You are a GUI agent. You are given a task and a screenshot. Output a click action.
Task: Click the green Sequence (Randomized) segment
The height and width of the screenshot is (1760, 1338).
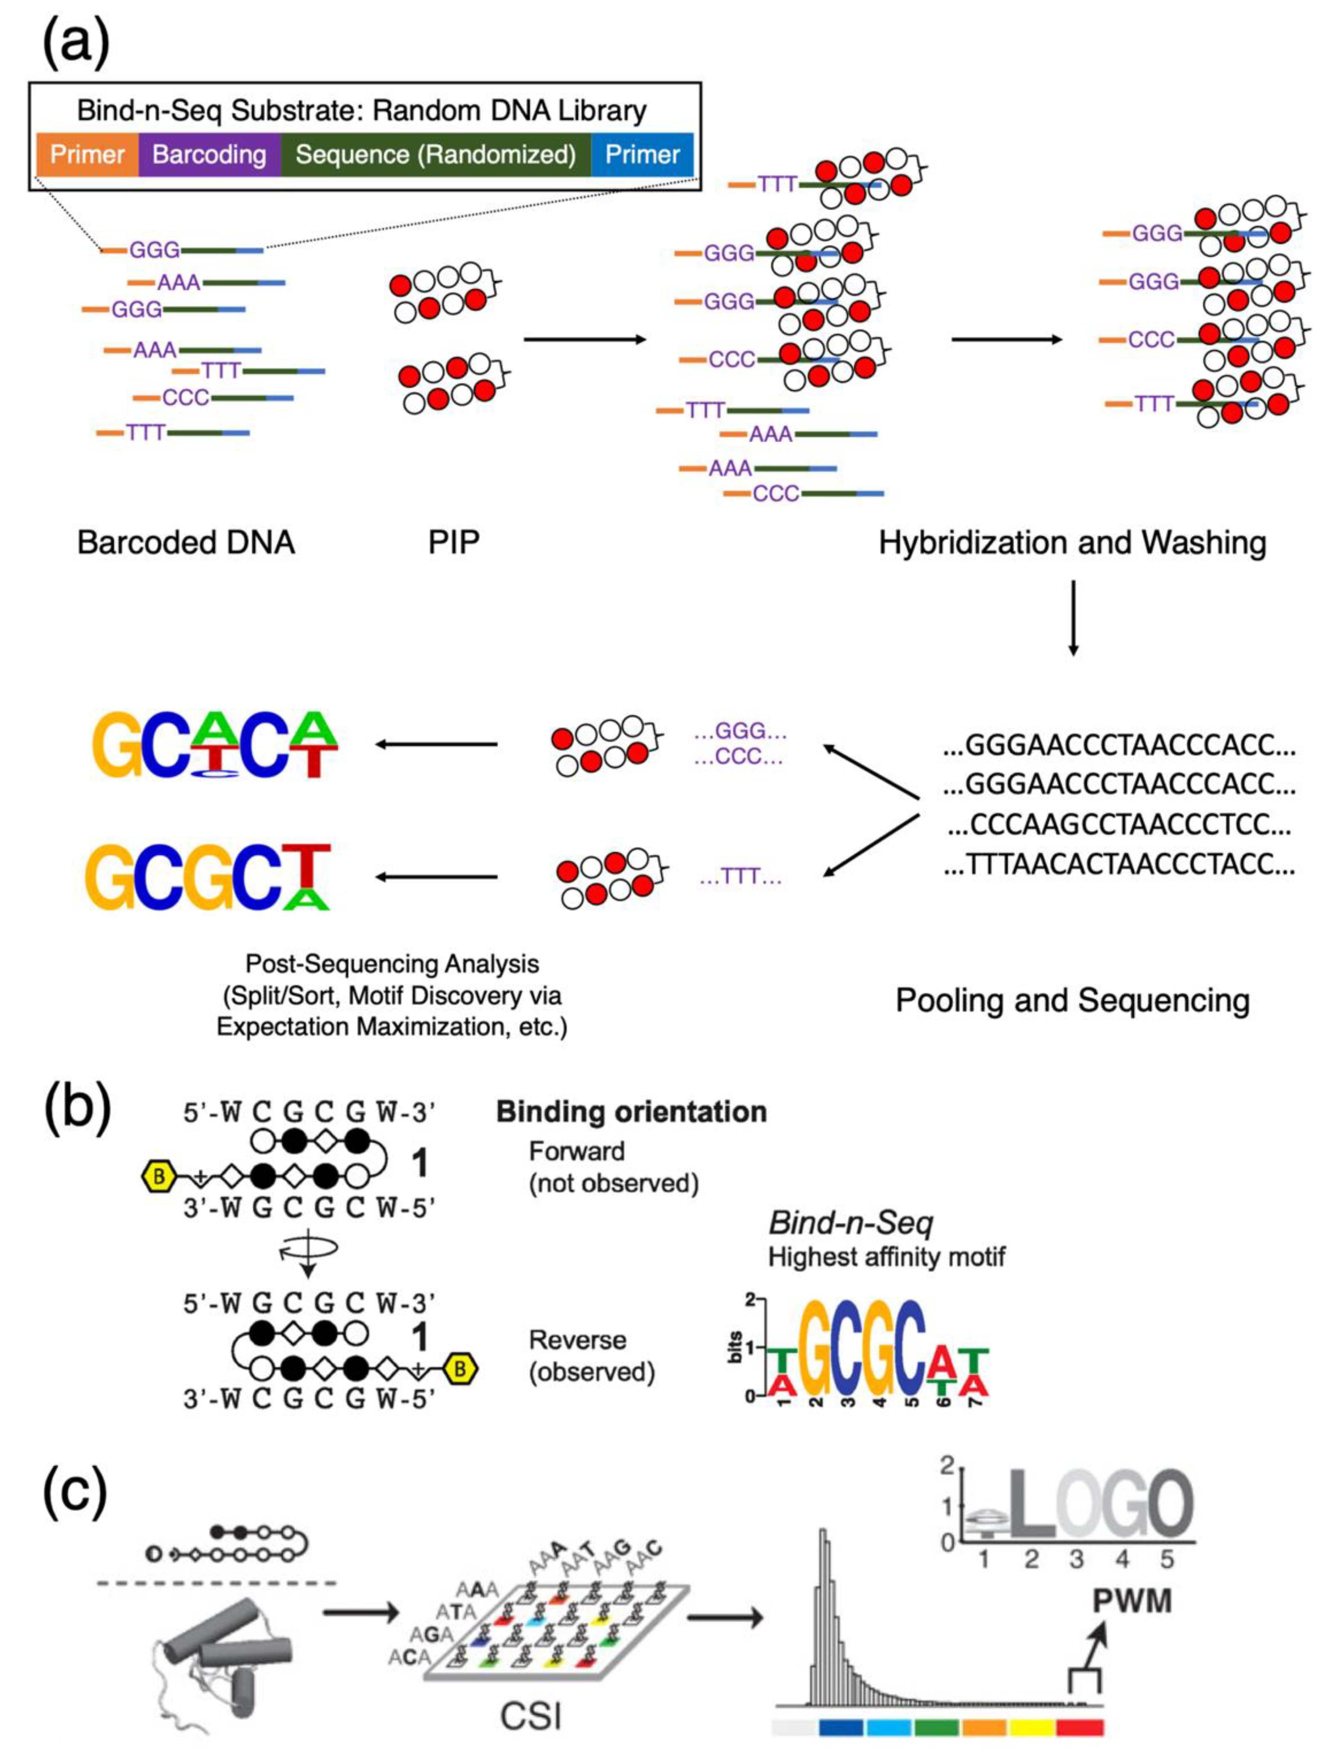pos(435,154)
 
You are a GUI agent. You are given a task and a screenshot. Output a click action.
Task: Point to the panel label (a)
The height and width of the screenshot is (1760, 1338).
pos(76,44)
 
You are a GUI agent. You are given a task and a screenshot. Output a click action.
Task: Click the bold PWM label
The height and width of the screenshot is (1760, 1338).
pos(1132,1601)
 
